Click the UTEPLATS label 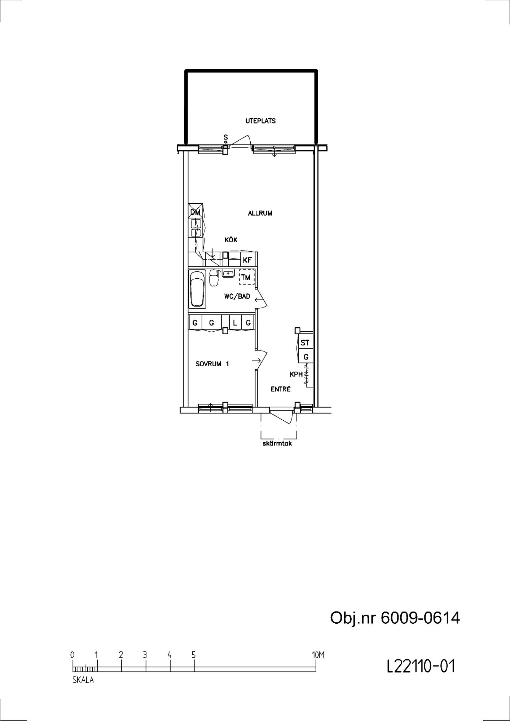(260, 121)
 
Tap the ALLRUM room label (260, 213)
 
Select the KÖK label (231, 240)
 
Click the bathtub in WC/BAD (197, 289)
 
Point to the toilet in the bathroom (214, 278)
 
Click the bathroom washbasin (228, 274)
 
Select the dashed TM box (247, 277)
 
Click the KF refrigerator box (248, 260)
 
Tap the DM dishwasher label (195, 212)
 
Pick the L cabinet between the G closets (235, 323)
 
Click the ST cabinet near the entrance (305, 342)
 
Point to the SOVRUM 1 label (212, 364)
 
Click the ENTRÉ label (281, 389)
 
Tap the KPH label (296, 374)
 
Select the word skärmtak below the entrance (277, 443)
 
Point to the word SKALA (83, 680)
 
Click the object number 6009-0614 (420, 618)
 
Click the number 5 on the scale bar (194, 655)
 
